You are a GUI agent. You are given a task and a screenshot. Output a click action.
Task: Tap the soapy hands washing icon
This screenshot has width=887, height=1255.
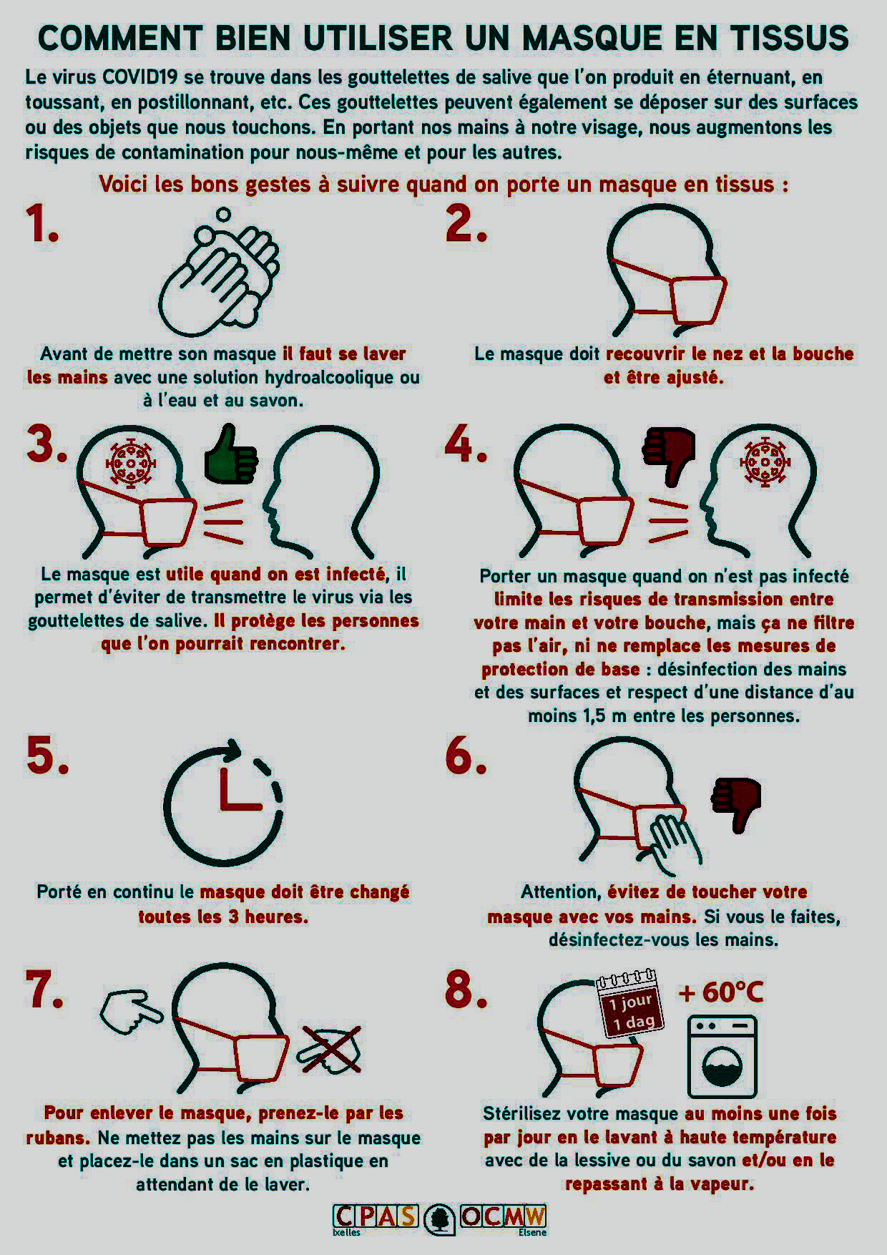218,273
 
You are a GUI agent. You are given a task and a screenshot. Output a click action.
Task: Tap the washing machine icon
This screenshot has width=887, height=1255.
722,1058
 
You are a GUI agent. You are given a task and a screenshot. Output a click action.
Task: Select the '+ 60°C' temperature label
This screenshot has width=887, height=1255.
721,992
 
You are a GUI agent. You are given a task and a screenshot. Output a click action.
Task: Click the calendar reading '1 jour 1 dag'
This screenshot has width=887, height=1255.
630,1005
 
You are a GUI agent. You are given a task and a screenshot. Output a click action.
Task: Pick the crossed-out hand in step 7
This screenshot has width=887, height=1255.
329,1050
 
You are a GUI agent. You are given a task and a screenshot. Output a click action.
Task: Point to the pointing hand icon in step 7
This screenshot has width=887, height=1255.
131,1011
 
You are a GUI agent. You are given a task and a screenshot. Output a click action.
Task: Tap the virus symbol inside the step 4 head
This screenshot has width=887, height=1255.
765,462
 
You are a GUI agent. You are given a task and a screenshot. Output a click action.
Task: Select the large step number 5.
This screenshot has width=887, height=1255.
47,756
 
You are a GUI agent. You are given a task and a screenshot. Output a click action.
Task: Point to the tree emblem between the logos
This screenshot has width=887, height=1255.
439,1219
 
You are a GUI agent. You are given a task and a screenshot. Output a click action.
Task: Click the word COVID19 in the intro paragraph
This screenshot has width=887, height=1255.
130,77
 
